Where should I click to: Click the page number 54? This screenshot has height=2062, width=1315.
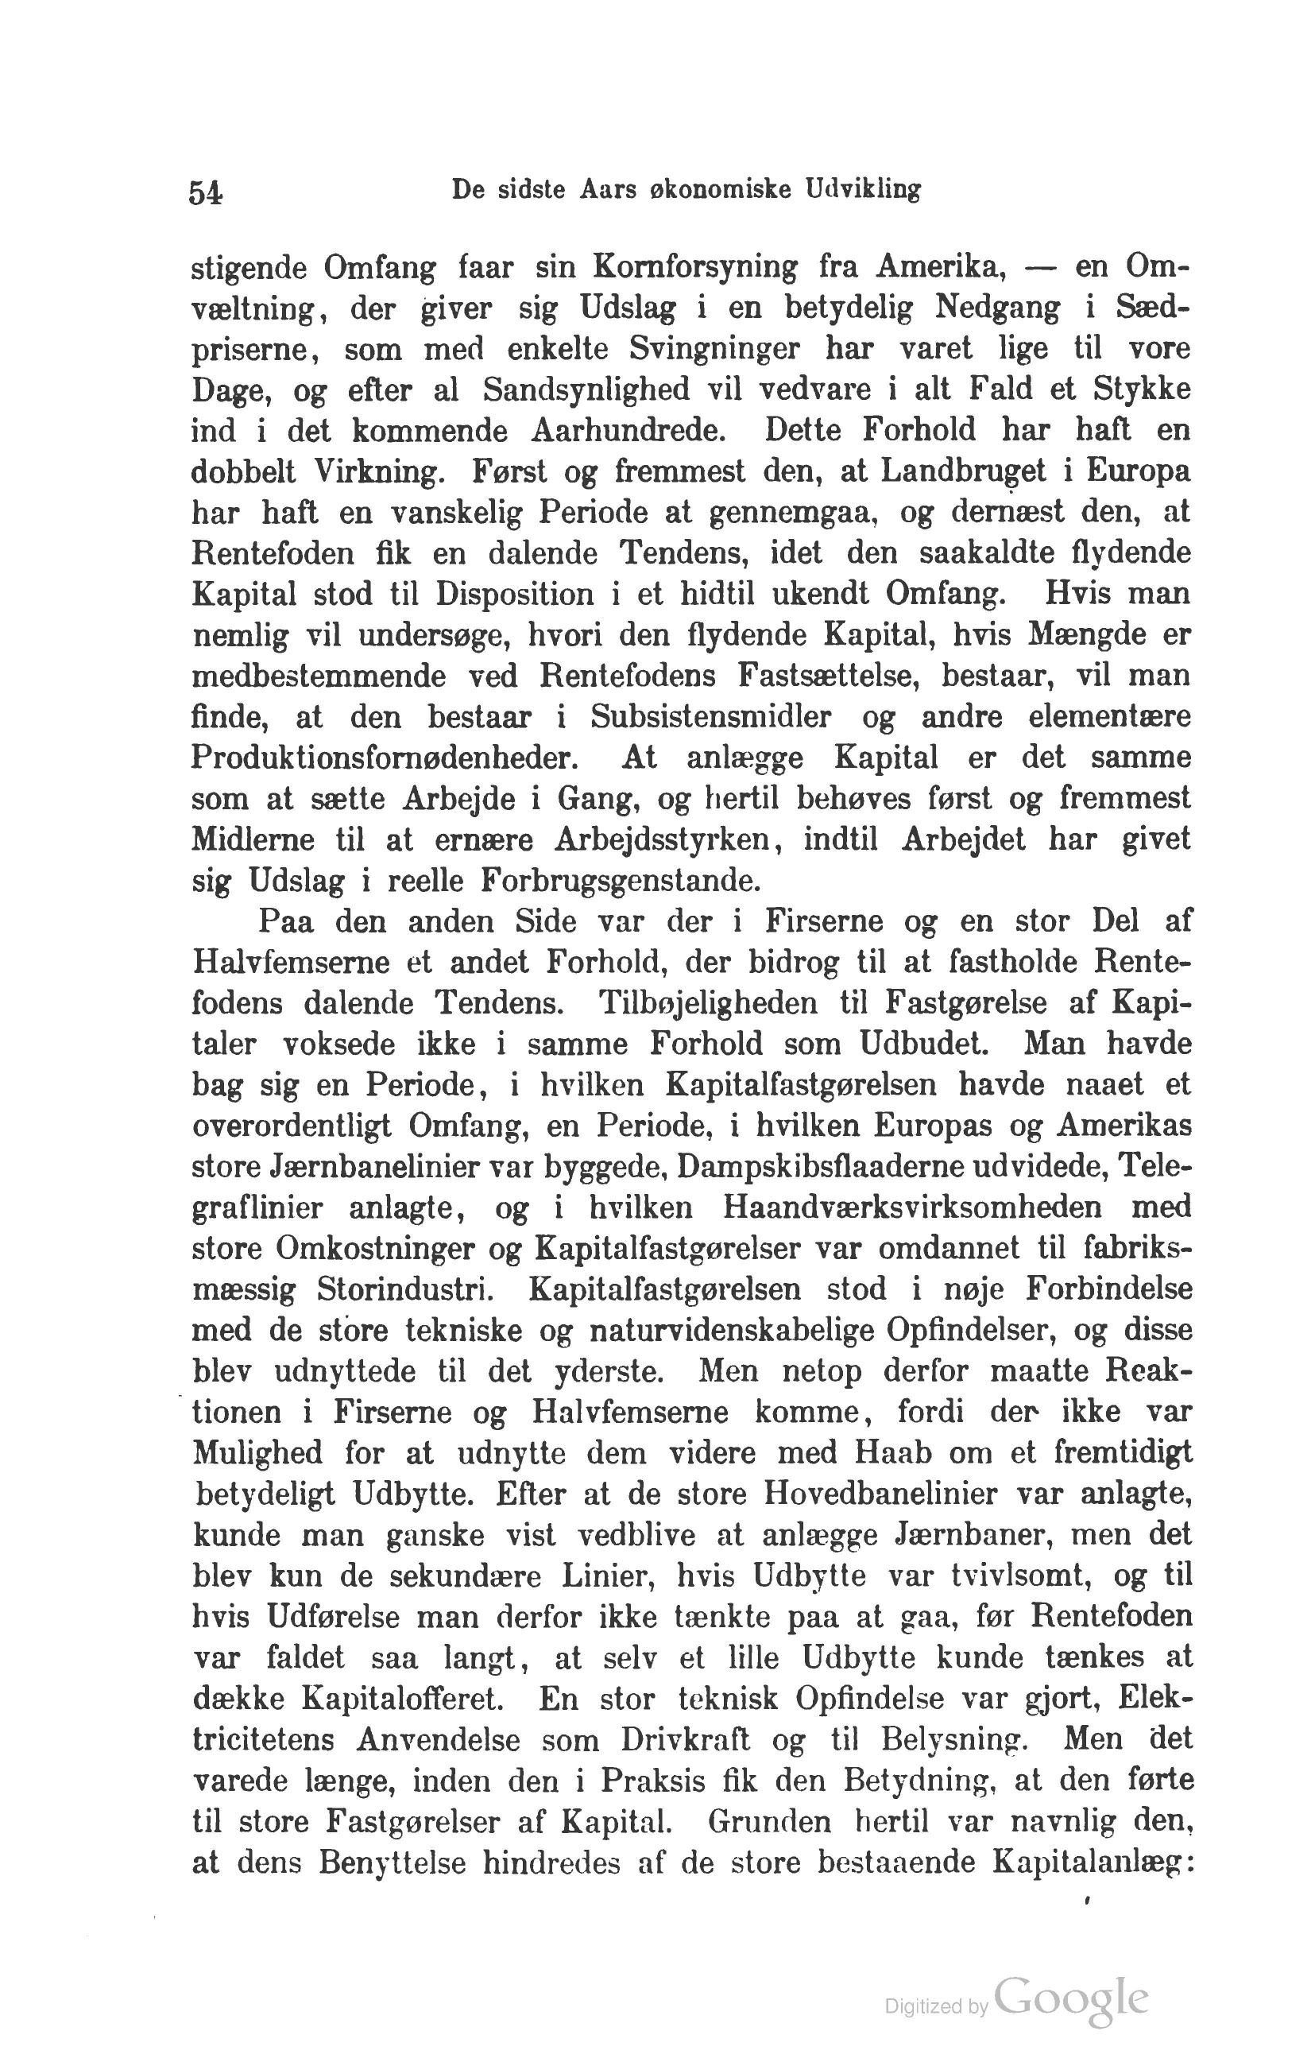point(206,192)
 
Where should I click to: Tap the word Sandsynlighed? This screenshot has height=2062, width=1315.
point(586,390)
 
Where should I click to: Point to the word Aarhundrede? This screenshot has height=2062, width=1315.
point(628,431)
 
